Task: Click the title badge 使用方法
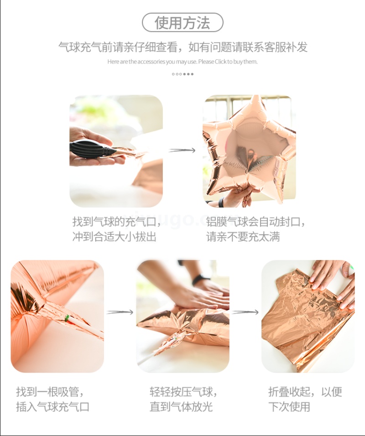point(182,22)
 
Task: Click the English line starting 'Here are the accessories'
point(182,62)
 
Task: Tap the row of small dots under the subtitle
point(182,74)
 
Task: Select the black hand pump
point(92,150)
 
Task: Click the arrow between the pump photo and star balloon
point(182,151)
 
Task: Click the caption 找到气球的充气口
point(117,222)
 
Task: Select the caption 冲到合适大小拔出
point(115,237)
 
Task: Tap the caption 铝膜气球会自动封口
point(255,222)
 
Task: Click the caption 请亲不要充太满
point(243,237)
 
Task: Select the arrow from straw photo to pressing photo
point(120,312)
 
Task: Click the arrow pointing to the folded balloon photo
point(245,312)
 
